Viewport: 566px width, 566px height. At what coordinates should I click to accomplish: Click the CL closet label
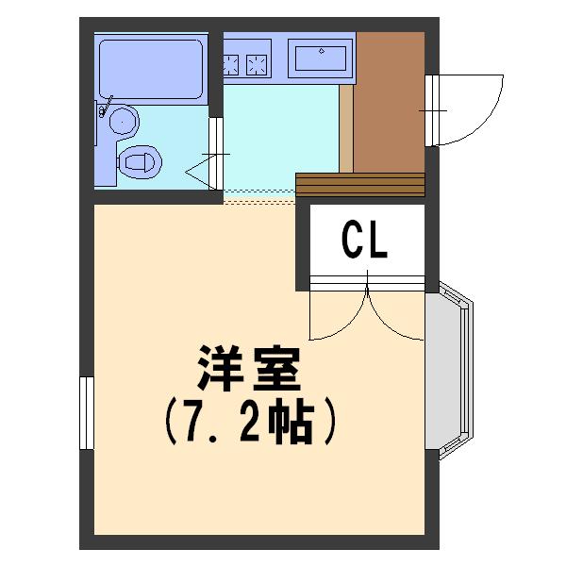364,241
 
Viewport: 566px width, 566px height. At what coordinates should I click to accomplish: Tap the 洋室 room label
249,369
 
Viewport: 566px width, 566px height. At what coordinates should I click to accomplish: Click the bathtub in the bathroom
151,69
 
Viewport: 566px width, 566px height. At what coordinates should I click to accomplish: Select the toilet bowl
140,161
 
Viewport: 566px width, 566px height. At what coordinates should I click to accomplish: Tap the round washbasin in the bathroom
124,122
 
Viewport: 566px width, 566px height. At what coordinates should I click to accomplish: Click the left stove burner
231,65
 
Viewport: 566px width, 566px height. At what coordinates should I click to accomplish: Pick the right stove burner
257,65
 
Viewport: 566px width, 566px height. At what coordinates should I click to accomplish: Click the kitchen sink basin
321,58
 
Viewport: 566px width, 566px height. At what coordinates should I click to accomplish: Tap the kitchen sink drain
322,51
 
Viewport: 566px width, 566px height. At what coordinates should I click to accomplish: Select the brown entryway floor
389,102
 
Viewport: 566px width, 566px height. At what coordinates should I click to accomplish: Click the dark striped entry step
360,185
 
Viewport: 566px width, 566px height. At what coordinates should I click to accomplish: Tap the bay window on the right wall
449,371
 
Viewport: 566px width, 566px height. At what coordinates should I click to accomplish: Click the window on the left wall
87,413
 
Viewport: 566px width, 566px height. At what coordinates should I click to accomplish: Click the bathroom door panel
216,154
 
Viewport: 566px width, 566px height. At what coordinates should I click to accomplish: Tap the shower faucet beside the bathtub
106,107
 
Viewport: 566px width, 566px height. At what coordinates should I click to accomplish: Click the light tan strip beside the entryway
346,129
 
